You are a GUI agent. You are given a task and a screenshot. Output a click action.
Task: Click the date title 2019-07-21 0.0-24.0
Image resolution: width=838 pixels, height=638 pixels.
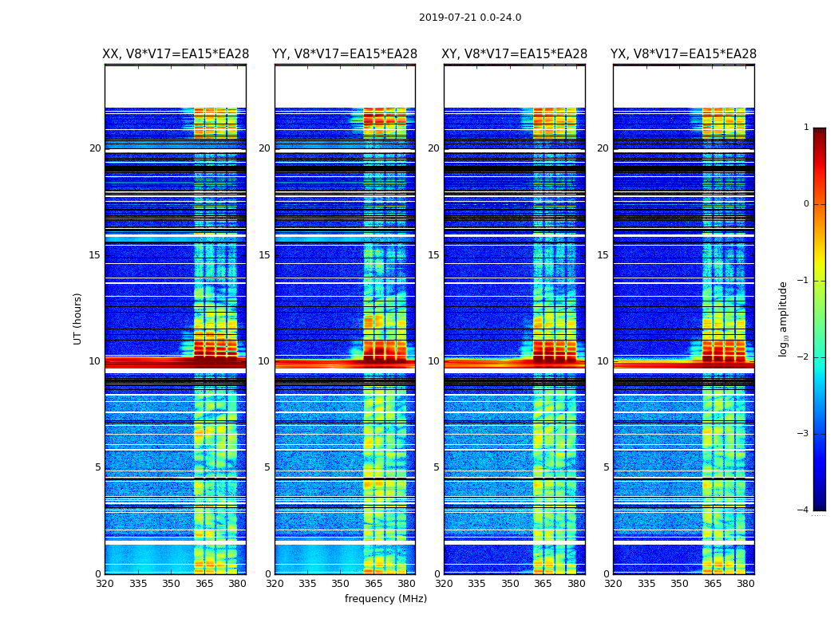pos(470,18)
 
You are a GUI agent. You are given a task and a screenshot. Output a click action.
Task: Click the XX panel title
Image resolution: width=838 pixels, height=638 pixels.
pos(176,54)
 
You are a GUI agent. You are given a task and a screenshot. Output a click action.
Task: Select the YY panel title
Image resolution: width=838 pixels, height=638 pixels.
pos(345,54)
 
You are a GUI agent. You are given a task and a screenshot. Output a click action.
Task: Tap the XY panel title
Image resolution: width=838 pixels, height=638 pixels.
pos(515,54)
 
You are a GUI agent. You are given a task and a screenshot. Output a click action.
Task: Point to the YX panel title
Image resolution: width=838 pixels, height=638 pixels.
pos(684,54)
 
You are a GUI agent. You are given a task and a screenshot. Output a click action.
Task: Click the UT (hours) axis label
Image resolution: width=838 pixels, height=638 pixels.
pos(78,318)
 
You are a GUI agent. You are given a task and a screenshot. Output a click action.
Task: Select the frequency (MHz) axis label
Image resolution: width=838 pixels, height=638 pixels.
pos(385,599)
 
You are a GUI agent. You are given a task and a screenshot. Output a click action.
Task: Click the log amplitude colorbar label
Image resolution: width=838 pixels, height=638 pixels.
pos(784,318)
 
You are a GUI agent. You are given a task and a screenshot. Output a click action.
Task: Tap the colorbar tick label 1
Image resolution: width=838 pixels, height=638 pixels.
pos(806,128)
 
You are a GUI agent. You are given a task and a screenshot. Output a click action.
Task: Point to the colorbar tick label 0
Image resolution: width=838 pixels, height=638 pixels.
pos(806,204)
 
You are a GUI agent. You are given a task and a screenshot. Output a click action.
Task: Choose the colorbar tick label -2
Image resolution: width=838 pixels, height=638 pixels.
pos(804,357)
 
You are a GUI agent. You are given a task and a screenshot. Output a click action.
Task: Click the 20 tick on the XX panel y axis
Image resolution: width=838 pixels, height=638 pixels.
pos(95,148)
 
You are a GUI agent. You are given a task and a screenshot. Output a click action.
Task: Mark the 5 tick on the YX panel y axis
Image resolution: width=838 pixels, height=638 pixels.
pos(606,467)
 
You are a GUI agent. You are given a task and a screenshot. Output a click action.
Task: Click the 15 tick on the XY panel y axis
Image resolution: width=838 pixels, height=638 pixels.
pos(434,255)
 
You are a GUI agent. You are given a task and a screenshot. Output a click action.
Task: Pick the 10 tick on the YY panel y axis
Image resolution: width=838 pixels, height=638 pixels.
pos(264,361)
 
